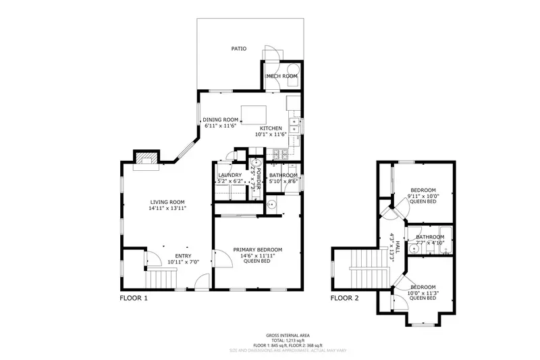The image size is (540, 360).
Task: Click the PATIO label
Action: [x=238, y=49]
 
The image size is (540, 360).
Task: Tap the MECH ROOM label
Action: [x=281, y=76]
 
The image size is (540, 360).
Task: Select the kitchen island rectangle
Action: [x=251, y=112]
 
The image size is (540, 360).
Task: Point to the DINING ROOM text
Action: [x=221, y=120]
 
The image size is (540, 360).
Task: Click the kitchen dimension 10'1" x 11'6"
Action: [x=271, y=134]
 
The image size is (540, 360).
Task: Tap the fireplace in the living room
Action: [x=146, y=159]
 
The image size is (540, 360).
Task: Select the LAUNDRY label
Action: [x=230, y=176]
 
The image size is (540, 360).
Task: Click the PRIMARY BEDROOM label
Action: [x=258, y=250]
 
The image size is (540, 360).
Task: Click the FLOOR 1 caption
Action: [x=134, y=297]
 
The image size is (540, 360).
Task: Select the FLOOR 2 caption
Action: [x=344, y=297]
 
